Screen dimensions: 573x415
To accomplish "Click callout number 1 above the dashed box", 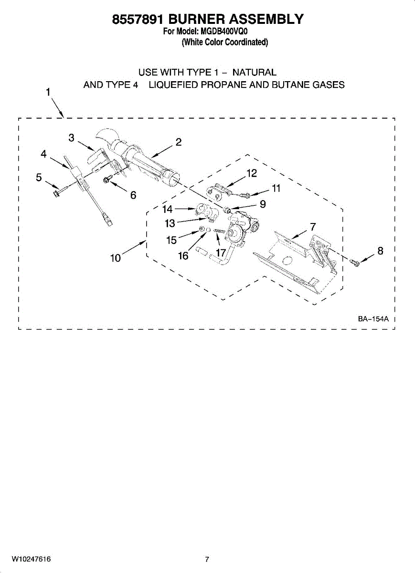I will point(48,92).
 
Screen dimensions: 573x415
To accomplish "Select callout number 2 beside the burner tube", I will point(178,142).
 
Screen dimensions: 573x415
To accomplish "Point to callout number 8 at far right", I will point(380,250).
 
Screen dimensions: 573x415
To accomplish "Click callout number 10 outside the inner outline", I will point(115,258).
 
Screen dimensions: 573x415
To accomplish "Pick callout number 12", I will point(252,173).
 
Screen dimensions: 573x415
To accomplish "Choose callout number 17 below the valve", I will point(221,252).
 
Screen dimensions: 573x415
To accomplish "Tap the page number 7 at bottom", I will point(207,559).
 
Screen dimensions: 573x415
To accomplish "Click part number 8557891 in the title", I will point(138,19).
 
